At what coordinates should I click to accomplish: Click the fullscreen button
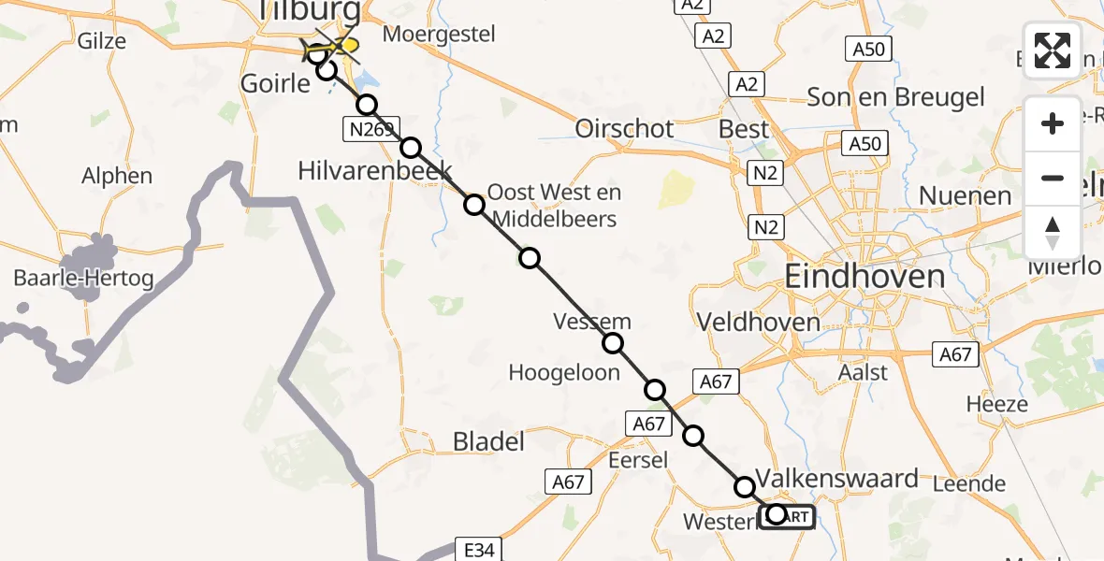[x=1053, y=50]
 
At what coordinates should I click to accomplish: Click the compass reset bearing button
[x=1053, y=233]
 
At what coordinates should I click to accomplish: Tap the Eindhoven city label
[x=864, y=277]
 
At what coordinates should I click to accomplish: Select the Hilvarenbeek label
[x=374, y=170]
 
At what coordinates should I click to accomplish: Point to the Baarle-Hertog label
[x=83, y=278]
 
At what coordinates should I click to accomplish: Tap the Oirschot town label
[x=625, y=129]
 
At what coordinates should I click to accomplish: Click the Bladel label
[x=488, y=441]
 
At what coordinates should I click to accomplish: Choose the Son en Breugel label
[x=895, y=97]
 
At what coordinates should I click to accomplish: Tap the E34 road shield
[x=478, y=550]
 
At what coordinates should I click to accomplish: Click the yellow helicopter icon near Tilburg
[x=344, y=45]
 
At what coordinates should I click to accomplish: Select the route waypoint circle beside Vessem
[x=613, y=343]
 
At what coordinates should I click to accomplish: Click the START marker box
[x=787, y=515]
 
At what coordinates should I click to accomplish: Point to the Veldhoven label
[x=758, y=323]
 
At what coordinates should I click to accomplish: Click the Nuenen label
[x=966, y=195]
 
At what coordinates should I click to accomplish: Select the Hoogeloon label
[x=564, y=372]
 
